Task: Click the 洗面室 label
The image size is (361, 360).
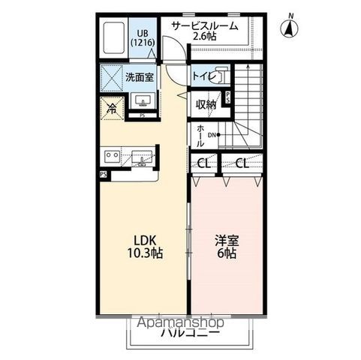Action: point(139,77)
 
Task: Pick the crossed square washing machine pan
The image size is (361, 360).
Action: point(113,77)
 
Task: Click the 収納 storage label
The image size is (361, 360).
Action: point(206,105)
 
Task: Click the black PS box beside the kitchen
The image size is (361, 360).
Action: point(103,175)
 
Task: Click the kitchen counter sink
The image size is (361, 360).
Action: point(143,158)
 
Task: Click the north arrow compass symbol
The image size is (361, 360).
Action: point(286,28)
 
